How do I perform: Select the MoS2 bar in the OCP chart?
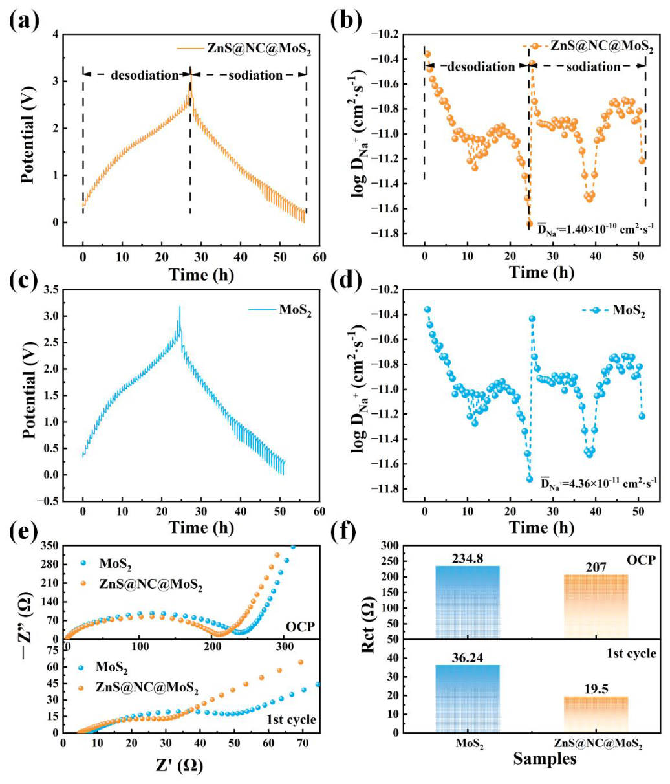pos(468,602)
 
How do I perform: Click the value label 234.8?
pos(468,559)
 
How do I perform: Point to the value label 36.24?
pos(468,658)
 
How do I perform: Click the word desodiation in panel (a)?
pos(144,75)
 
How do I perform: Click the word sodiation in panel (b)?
pos(593,67)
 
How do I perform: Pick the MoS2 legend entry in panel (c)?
pos(280,310)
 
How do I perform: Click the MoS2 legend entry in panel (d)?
pos(614,310)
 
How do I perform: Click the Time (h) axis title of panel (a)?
pos(201,275)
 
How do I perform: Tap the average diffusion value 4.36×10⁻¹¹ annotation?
pos(598,484)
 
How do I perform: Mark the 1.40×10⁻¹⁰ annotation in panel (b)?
pos(597,228)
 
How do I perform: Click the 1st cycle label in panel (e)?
pos(291,719)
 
